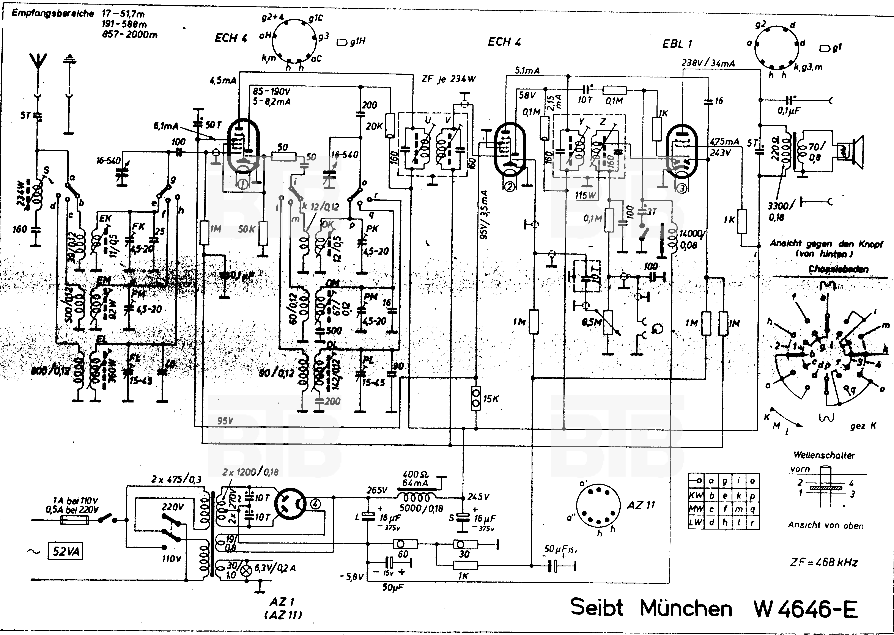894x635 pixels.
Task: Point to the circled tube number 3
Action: point(682,189)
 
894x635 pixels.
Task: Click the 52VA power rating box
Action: point(65,551)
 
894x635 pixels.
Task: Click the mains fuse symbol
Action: point(74,520)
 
